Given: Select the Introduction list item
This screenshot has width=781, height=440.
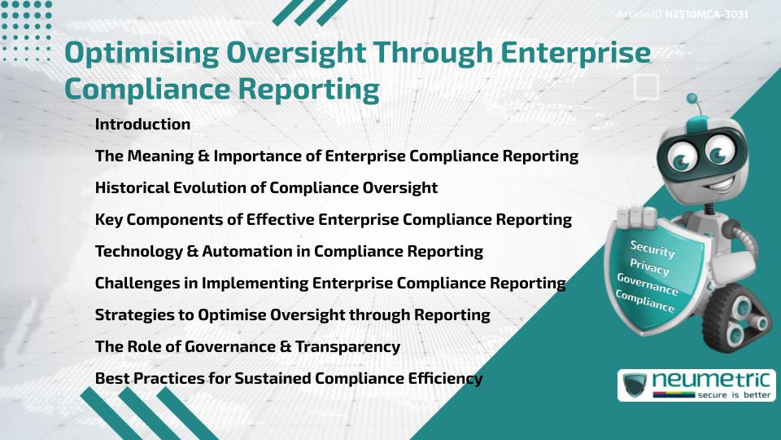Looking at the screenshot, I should (142, 125).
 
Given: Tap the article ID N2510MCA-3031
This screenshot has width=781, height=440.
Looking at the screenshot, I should (706, 15).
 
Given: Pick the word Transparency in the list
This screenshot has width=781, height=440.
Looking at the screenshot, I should (348, 346).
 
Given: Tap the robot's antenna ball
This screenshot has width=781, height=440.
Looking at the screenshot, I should (693, 99).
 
